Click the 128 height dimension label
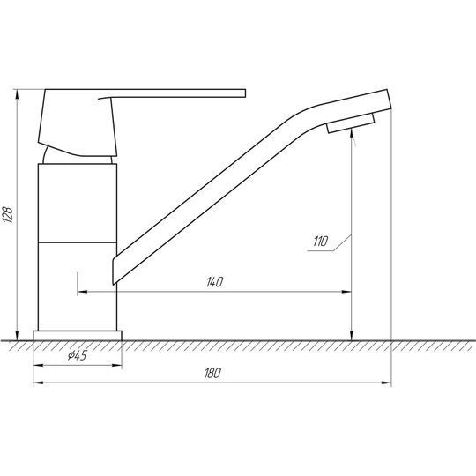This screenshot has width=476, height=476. pos(8,214)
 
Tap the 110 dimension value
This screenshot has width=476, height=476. pos(321,242)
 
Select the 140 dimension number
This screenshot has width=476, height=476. pos(214,282)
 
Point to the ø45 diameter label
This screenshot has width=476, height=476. pos(77,355)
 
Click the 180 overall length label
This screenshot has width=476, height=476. pos(212,373)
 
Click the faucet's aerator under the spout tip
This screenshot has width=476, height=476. pos(351,123)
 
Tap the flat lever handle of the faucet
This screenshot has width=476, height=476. pos(172,93)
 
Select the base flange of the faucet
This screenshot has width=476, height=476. pos(78,336)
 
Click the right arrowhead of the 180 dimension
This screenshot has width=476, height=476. pos(386,383)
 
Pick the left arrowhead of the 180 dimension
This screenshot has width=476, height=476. pos(38,383)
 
